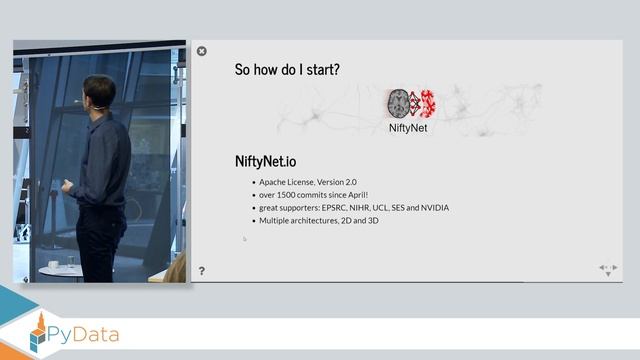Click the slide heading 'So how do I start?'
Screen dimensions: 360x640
point(286,70)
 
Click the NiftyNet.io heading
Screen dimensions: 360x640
point(265,161)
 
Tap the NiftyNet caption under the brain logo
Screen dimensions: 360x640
point(407,128)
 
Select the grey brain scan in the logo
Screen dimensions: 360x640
point(398,103)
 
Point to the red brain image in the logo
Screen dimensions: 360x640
point(427,103)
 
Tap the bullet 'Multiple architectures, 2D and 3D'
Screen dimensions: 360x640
point(318,220)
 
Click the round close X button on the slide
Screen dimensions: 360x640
point(202,51)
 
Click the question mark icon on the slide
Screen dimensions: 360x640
point(202,271)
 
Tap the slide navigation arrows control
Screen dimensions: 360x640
point(607,269)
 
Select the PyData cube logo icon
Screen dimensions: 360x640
point(38,333)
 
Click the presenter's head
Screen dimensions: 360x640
point(98,92)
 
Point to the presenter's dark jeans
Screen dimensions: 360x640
point(100,240)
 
